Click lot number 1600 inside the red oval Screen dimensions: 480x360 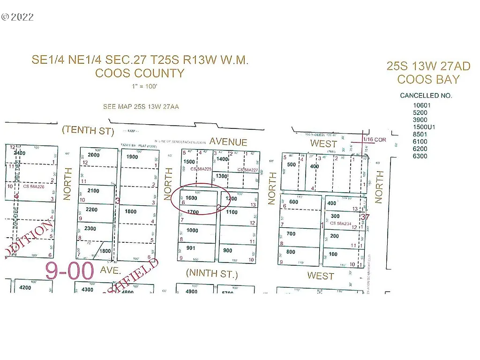click(x=191, y=198)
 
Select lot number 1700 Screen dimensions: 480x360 click(x=193, y=212)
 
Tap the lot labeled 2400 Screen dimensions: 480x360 click(x=19, y=153)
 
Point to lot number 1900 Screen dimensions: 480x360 click(x=132, y=157)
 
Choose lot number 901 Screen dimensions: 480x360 click(x=191, y=248)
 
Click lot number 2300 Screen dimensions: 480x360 click(x=90, y=229)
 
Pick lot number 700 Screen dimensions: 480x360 click(x=291, y=233)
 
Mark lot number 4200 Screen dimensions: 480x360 click(x=25, y=287)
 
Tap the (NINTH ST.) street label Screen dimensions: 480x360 click(x=212, y=273)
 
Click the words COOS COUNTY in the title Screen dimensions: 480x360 click(x=140, y=74)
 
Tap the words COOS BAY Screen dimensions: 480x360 click(x=428, y=79)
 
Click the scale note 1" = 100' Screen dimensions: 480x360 click(x=140, y=87)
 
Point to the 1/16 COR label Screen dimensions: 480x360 click(x=375, y=140)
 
